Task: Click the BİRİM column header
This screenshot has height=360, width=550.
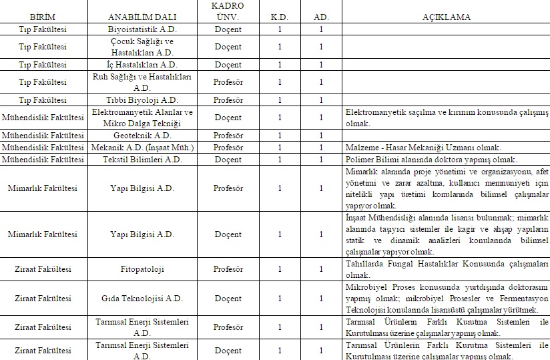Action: (x=43, y=17)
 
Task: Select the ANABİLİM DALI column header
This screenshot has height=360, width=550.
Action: (x=142, y=17)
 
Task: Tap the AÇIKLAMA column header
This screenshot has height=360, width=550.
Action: (x=445, y=17)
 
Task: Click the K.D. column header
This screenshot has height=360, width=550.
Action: (x=280, y=17)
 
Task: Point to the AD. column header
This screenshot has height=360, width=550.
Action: (x=320, y=17)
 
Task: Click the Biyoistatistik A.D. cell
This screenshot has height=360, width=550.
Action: (x=142, y=29)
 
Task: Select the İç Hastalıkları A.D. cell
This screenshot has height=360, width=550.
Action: (x=142, y=65)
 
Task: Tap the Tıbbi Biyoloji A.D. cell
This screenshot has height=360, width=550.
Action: (x=142, y=100)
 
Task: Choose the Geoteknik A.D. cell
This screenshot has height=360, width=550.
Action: (x=142, y=135)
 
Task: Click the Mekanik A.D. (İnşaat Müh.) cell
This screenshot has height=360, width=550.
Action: (x=142, y=147)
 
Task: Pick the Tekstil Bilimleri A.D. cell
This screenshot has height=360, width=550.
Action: (x=142, y=160)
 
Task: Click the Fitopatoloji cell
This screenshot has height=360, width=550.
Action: (x=142, y=270)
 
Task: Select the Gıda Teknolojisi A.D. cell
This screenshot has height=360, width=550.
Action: (x=142, y=299)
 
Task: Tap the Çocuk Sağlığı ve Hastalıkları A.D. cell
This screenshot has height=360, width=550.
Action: (x=142, y=47)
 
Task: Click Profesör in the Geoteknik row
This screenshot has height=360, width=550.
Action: (x=228, y=135)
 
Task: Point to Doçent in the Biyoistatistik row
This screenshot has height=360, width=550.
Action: (x=228, y=29)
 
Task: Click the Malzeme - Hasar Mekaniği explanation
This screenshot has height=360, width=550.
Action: (x=423, y=148)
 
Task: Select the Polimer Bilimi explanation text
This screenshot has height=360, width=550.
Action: (x=431, y=160)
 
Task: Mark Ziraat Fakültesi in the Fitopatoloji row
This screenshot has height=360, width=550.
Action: (x=43, y=270)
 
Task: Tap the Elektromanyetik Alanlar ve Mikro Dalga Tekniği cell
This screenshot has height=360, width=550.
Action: (x=142, y=118)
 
